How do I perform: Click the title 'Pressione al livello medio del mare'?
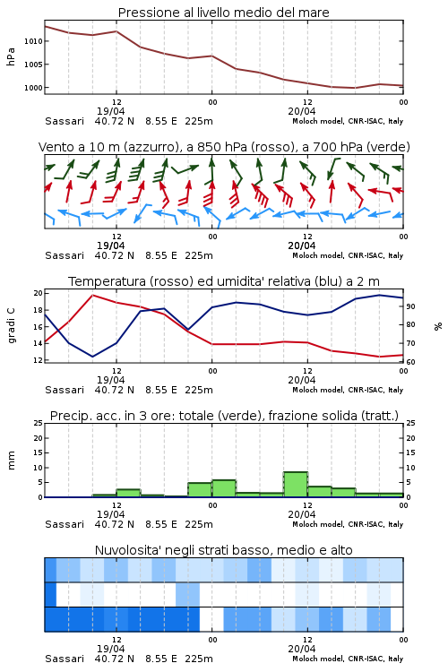coord(223,13)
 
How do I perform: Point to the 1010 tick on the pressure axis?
coord(33,41)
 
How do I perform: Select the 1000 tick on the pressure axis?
coord(33,88)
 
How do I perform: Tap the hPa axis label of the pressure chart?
coord(11,57)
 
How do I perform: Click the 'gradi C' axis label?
coord(11,326)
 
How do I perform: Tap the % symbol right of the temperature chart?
coord(438,326)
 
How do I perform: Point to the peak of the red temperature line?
coord(93,296)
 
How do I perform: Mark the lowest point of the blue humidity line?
coord(92,357)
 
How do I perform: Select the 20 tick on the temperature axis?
coord(38,293)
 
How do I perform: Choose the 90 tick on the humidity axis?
coord(410,306)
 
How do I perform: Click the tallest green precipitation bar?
coord(296,485)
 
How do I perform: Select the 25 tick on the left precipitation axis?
coord(39,423)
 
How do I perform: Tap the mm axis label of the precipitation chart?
coord(11,461)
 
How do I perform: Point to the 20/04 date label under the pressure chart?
coord(302,111)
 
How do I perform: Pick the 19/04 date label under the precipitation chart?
coord(110,514)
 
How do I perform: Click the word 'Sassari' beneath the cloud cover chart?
coord(65,659)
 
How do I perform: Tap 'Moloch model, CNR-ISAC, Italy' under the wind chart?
coord(348,256)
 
